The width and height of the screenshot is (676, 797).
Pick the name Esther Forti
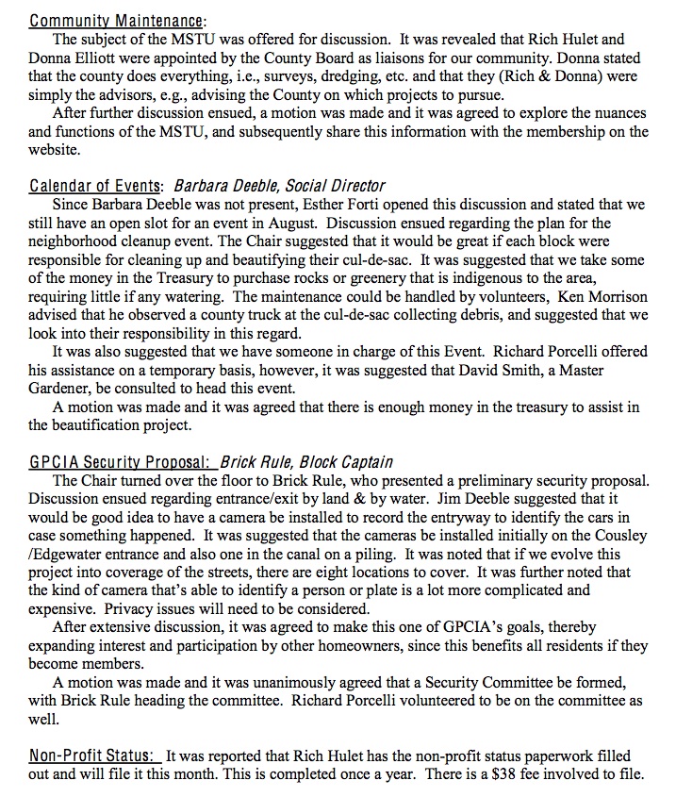[x=322, y=205]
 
